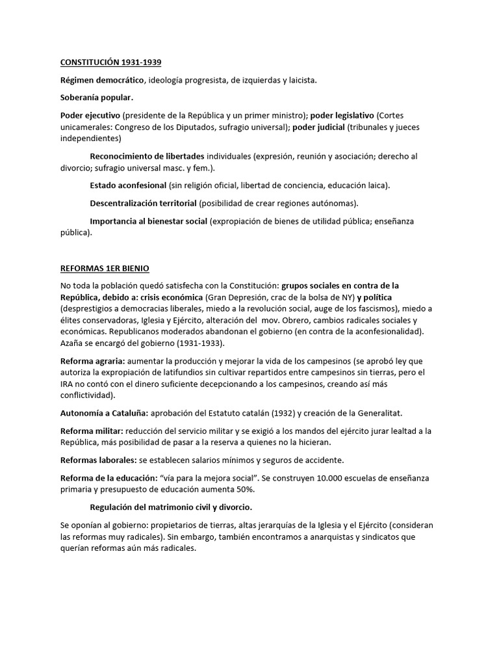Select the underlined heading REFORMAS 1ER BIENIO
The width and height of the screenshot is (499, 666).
105,269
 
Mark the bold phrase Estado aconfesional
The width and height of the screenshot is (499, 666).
127,185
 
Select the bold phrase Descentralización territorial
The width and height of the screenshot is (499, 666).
143,203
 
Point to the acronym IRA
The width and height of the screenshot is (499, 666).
67,384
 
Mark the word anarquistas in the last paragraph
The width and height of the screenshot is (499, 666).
326,537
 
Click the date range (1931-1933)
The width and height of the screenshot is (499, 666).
196,343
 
